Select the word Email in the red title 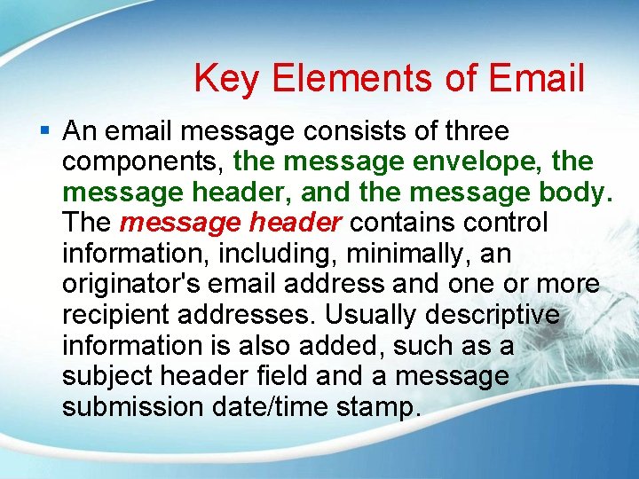click(534, 78)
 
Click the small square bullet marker click(45, 131)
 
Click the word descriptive click(503, 315)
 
